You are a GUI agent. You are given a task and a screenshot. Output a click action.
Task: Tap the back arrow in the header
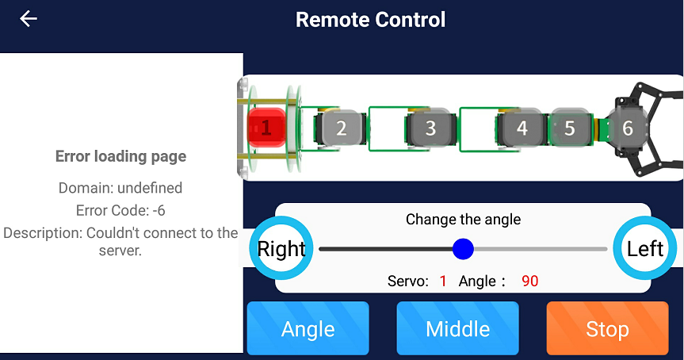click(x=29, y=19)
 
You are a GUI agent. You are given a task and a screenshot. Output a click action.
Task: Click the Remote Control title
click(x=370, y=20)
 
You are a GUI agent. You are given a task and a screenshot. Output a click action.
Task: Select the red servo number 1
click(x=266, y=128)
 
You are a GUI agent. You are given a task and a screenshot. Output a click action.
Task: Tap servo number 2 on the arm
click(x=342, y=128)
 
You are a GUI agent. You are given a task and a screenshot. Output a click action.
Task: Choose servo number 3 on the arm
click(x=430, y=128)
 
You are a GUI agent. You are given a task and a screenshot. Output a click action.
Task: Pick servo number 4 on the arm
click(x=522, y=128)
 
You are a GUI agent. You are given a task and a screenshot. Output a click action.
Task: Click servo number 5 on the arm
click(x=569, y=128)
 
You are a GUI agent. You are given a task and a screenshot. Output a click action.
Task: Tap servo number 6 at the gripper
click(x=628, y=128)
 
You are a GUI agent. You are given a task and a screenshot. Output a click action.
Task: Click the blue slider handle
click(x=463, y=249)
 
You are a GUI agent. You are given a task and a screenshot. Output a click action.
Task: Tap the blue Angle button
click(x=308, y=328)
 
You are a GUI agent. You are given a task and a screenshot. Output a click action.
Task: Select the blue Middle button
click(x=457, y=328)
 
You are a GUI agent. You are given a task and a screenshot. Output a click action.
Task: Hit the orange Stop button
click(x=607, y=328)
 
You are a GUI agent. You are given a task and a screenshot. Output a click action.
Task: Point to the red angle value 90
click(x=529, y=281)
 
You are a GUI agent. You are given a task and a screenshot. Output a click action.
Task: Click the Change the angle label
click(x=463, y=219)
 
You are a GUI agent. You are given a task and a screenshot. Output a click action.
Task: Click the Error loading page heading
click(x=120, y=156)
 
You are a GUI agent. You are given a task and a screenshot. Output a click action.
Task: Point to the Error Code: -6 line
click(x=120, y=211)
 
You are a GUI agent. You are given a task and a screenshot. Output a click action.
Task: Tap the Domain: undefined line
click(x=120, y=188)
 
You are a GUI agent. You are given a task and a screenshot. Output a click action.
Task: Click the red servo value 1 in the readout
click(x=443, y=281)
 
